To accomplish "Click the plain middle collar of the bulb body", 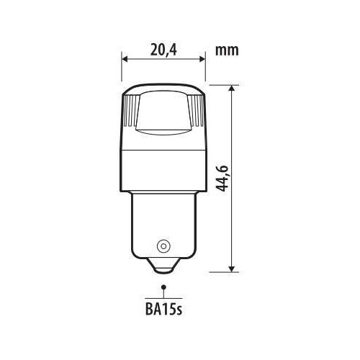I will [x=163, y=166].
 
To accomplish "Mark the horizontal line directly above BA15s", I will [x=163, y=297].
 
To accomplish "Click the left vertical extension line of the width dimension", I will [x=121, y=68].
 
